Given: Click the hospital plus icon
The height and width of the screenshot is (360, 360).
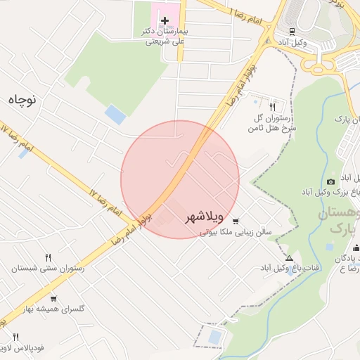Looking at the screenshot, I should coord(165,20).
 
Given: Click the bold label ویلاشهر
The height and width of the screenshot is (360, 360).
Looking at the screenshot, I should coord(205,218).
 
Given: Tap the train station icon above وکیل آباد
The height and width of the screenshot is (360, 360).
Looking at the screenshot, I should coord(291,31).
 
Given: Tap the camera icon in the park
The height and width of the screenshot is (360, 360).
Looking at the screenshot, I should coord(331,181).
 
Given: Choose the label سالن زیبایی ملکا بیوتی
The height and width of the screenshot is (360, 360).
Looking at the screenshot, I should coord(243,230).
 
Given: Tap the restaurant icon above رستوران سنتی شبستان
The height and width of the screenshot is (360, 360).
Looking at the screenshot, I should coord(48,257).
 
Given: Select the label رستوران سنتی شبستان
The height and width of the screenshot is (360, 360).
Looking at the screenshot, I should coord(48,269).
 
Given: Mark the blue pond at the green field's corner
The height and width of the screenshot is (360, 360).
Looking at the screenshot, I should coord(113,113).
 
